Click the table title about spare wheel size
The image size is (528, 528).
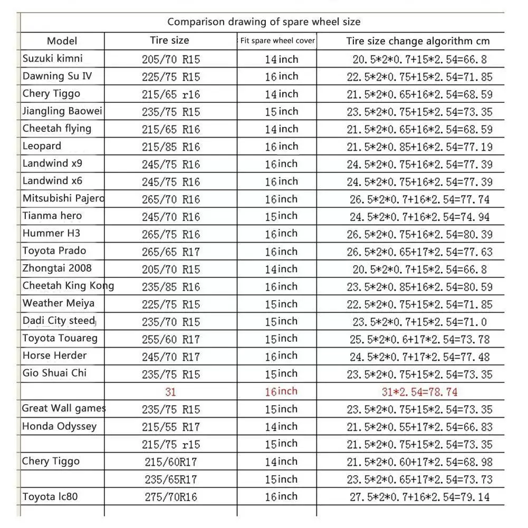264,22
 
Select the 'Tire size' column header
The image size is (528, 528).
169,41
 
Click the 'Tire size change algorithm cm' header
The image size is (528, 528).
418,41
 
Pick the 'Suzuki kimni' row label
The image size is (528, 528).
53,58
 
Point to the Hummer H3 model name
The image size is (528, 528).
52,233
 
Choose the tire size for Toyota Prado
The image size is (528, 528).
171,252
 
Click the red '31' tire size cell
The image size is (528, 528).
171,391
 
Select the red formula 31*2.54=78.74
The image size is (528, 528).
419,391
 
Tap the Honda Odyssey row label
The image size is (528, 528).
59,426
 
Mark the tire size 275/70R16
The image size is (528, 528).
171,496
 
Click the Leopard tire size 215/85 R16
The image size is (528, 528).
171,147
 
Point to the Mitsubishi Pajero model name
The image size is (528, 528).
63,198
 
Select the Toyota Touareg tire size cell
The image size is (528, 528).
171,339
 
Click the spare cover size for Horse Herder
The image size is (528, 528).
281,356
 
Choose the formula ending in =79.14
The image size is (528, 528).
419,496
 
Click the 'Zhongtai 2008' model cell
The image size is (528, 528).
57,268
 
